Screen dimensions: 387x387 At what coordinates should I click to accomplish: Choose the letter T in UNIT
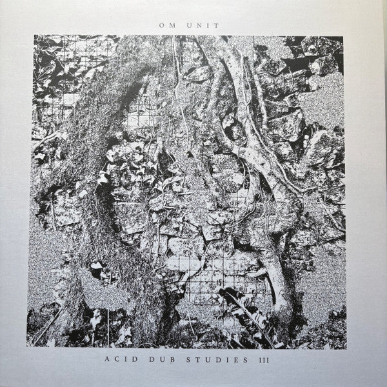218,25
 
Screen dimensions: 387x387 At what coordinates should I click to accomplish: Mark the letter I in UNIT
210,25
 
